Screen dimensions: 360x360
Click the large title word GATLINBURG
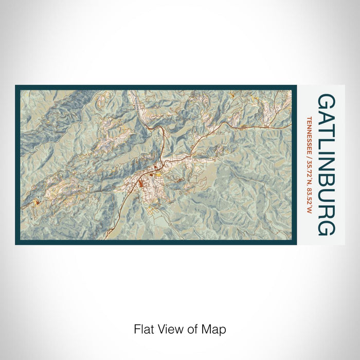click(x=327, y=164)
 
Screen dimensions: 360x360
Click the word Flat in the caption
click(x=144, y=329)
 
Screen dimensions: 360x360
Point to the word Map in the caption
click(x=215, y=329)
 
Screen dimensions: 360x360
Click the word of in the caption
click(x=194, y=329)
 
